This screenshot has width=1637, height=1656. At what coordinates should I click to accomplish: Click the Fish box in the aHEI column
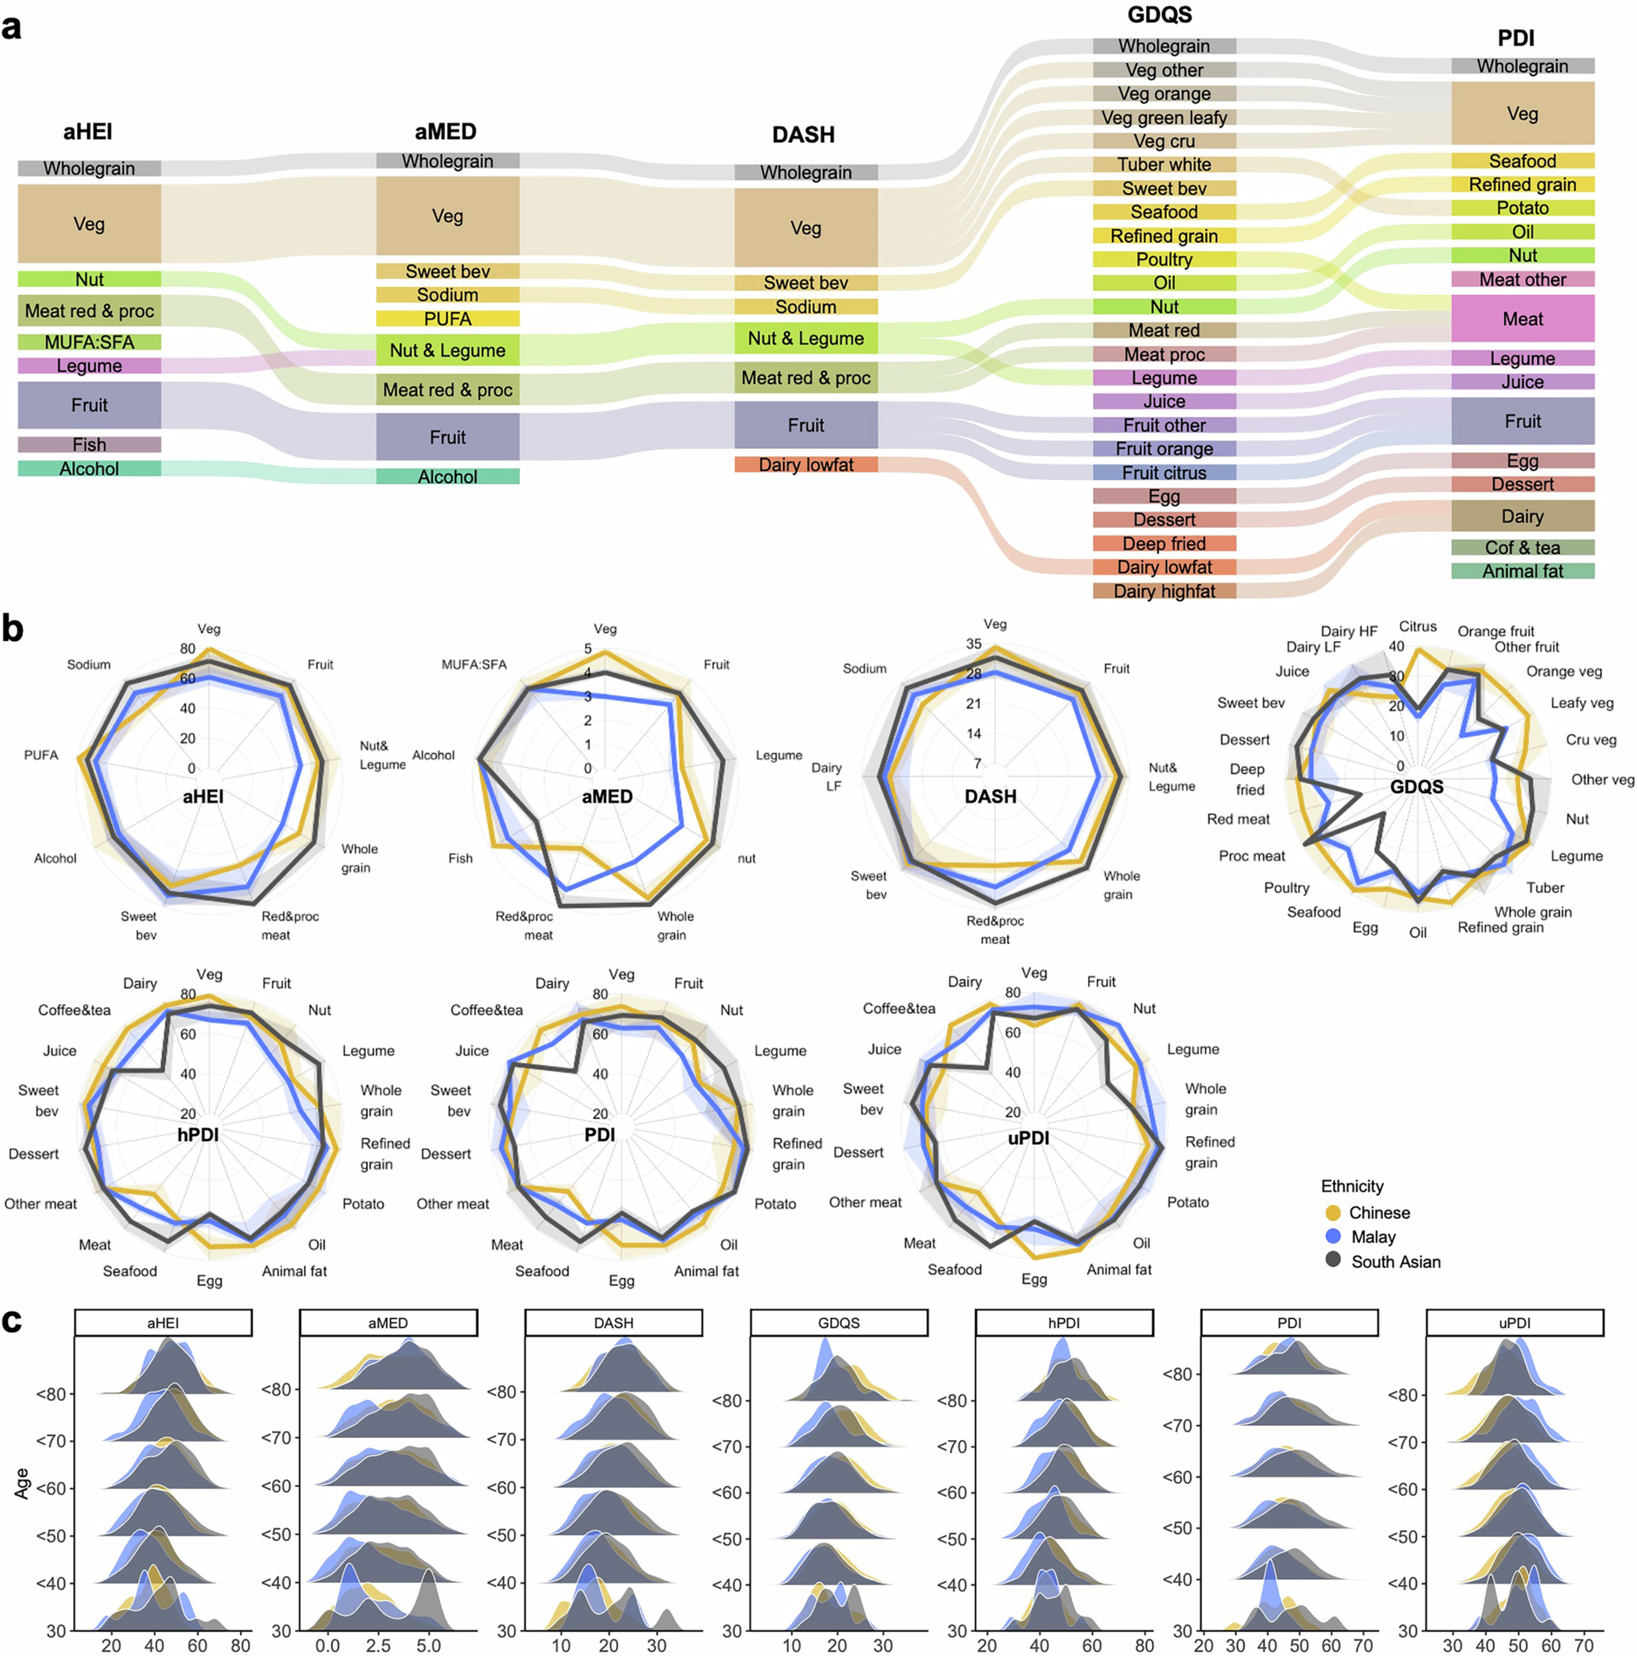coord(89,444)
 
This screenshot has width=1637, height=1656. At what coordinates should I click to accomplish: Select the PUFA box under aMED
coord(447,319)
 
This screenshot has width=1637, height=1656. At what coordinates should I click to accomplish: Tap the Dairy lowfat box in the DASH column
coord(806,465)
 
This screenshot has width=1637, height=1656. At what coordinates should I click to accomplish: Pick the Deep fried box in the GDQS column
coord(1164,543)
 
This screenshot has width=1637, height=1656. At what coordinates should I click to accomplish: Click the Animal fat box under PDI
coord(1522,571)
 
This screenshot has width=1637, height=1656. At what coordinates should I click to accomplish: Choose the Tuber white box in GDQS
coord(1164,165)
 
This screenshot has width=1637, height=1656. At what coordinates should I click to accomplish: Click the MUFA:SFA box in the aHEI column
coord(89,342)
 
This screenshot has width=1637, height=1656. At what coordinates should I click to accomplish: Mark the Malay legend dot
coord(1333,1237)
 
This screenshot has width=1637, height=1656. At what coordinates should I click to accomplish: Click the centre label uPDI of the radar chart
coord(1029,1138)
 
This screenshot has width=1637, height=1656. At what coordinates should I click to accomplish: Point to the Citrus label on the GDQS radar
coord(1418,626)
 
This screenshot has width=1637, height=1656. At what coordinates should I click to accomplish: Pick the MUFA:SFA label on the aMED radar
coord(474,664)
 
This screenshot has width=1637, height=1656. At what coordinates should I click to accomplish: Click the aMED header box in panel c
coord(388,1323)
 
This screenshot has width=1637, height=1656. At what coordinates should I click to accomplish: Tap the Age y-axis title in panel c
coord(21,1483)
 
